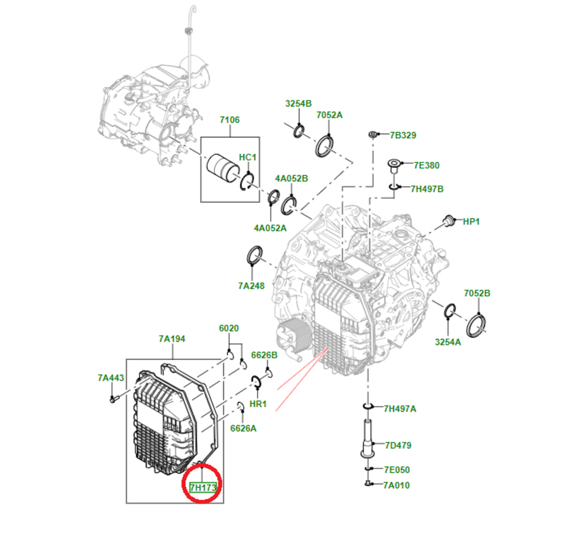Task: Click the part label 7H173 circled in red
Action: click(203, 487)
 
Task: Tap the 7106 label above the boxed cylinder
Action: click(230, 120)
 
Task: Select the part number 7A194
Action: click(172, 339)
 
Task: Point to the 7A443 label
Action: click(111, 378)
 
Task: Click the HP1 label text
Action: click(471, 221)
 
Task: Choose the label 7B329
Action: click(403, 135)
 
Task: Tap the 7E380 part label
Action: click(427, 165)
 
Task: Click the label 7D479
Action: click(398, 445)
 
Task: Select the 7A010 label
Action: click(396, 485)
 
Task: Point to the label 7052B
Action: click(477, 293)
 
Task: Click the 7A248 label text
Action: click(251, 286)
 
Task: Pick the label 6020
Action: click(229, 328)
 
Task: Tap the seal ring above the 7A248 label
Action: click(254, 255)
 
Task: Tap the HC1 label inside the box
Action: click(247, 157)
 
